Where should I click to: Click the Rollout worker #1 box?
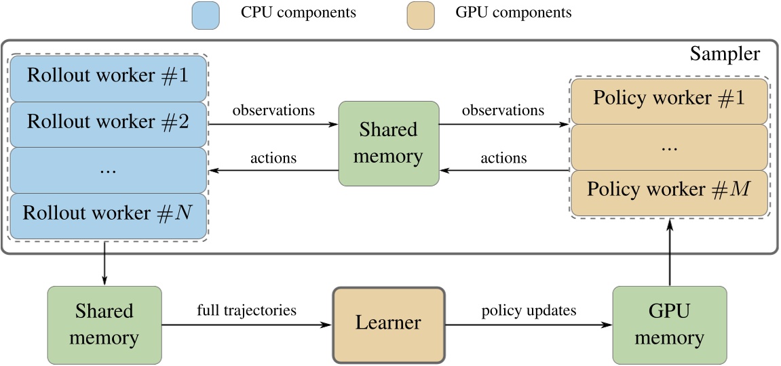tap(107, 76)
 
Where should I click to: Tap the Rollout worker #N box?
tap(107, 214)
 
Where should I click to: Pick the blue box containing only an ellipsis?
tap(107, 169)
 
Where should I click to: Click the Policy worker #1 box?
tap(669, 99)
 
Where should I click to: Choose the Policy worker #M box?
tap(669, 189)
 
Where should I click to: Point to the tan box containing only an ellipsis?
tap(669, 145)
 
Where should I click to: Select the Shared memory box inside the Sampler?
tap(389, 143)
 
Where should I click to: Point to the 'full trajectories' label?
tap(247, 311)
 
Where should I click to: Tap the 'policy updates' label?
tap(529, 311)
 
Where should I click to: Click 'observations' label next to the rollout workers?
tap(273, 110)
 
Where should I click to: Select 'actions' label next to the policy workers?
tap(503, 158)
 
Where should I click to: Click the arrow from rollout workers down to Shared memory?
tap(104, 265)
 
